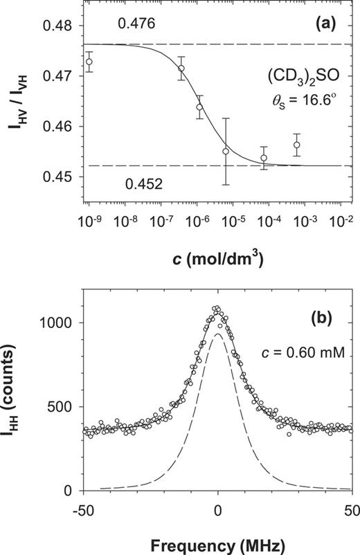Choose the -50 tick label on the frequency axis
coord(82,508)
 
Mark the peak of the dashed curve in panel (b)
coord(218,334)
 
